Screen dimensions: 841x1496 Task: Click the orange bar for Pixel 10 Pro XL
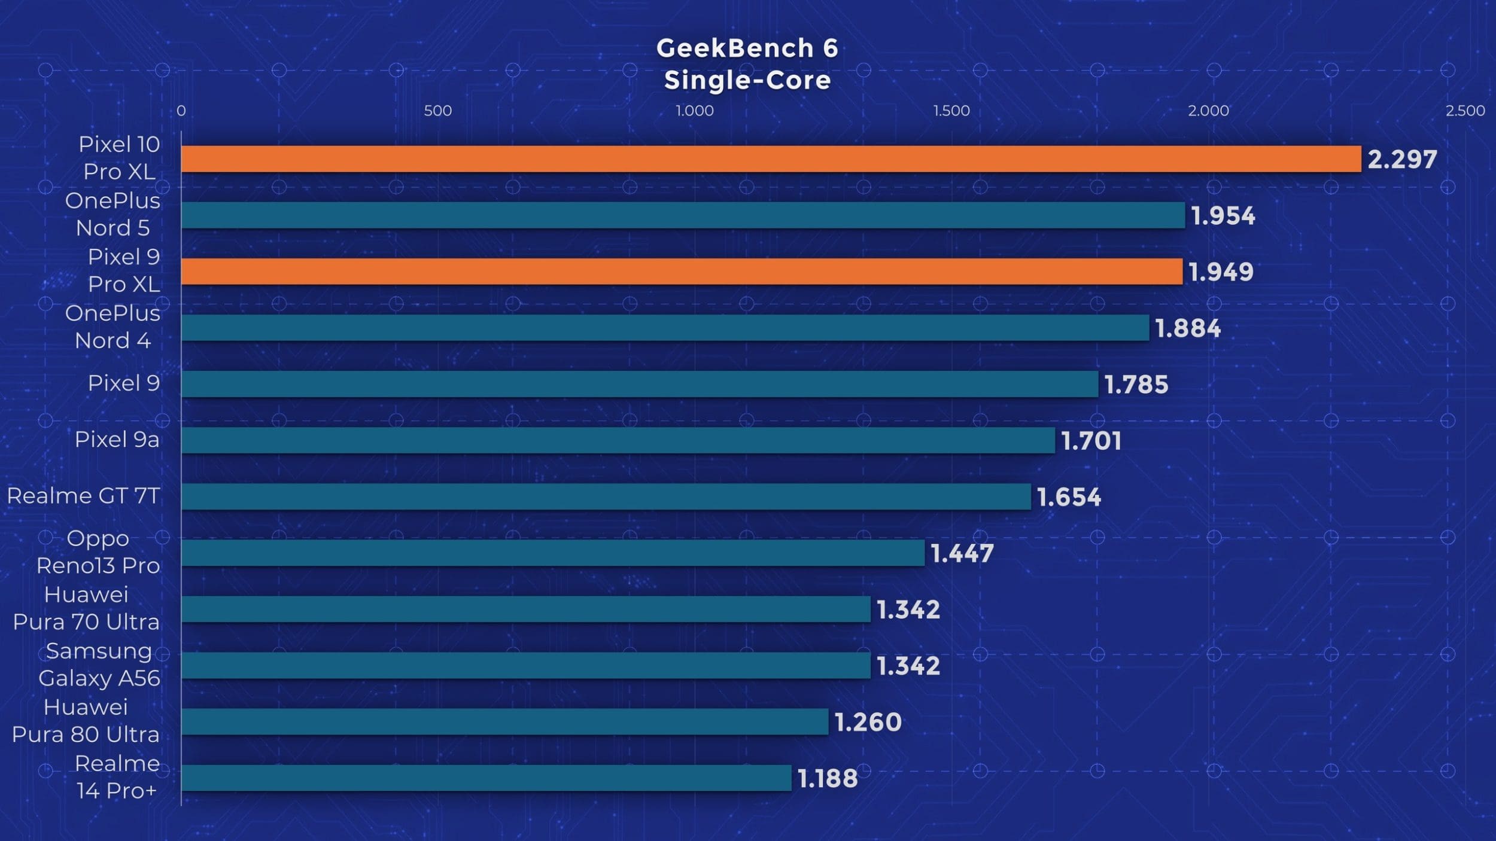tap(771, 159)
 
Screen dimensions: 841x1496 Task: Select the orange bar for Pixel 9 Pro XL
tap(682, 272)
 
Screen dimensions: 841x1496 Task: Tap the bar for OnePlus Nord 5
tap(683, 215)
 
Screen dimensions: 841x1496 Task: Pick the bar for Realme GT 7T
tap(606, 496)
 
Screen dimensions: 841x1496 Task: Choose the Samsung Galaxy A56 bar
tap(525, 666)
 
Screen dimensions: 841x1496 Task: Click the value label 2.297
tap(1402, 160)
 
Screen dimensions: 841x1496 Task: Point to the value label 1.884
tap(1188, 328)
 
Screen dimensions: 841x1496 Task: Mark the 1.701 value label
tap(1091, 441)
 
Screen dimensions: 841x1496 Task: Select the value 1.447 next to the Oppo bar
tap(962, 553)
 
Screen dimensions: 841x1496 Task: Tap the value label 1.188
tap(828, 778)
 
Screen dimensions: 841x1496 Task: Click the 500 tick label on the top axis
tap(437, 111)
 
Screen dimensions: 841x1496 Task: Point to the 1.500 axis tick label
tap(951, 111)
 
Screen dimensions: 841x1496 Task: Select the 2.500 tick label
tap(1465, 111)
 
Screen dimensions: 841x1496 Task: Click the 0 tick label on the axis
tap(181, 111)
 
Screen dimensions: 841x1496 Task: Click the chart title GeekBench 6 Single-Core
tap(747, 64)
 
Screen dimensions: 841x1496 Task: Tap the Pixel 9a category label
tap(117, 440)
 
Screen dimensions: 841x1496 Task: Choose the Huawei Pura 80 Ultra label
tap(86, 721)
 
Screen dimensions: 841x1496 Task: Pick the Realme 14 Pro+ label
tap(117, 777)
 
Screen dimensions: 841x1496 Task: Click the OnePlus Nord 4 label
tap(112, 327)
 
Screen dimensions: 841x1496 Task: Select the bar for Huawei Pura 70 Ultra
tap(525, 610)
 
